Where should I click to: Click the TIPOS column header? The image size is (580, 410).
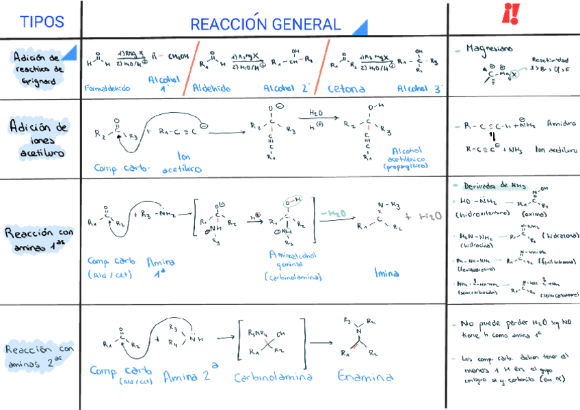[42, 22]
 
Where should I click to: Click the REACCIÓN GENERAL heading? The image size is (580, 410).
[265, 25]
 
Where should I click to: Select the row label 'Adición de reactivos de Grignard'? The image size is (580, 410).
[38, 68]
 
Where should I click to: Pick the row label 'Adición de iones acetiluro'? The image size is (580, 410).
[39, 139]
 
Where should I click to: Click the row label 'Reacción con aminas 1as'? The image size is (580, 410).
[39, 241]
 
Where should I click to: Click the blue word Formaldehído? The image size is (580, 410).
[109, 88]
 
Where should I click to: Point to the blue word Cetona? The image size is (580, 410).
[346, 88]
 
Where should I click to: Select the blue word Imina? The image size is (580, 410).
[386, 273]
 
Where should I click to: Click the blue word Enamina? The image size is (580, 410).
[360, 376]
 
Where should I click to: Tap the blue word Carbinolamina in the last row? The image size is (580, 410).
[264, 377]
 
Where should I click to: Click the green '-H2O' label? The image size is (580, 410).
[332, 214]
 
